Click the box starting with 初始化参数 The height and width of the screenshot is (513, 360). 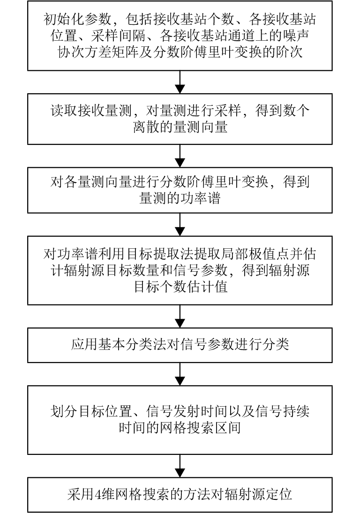[180, 36]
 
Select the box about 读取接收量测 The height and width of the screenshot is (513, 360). [180, 119]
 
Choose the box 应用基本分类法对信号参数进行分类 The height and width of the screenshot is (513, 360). [180, 345]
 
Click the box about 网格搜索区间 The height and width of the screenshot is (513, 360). [180, 419]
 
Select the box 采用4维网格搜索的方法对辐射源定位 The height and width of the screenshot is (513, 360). [180, 495]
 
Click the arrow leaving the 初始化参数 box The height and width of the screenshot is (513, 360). [180, 82]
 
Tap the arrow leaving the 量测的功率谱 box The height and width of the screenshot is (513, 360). [180, 224]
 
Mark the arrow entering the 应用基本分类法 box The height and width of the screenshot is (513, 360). [180, 317]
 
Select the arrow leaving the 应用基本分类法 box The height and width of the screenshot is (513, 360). [180, 373]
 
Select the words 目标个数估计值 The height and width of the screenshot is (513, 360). [181, 287]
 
